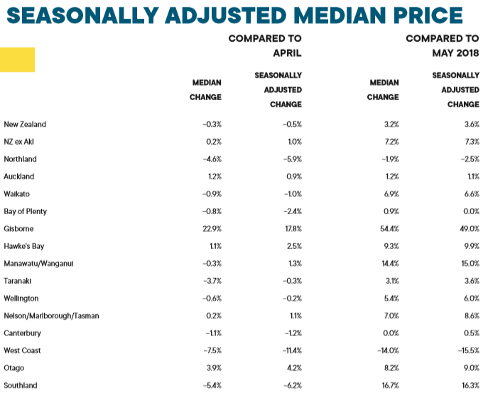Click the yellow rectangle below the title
click(18, 60)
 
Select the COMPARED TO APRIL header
click(265, 45)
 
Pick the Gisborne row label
click(18, 229)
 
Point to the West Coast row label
click(22, 350)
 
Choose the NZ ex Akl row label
click(19, 142)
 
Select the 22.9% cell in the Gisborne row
click(212, 229)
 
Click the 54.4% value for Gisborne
click(389, 229)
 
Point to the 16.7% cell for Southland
click(390, 385)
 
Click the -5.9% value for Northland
click(291, 160)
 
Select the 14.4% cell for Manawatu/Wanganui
click(390, 264)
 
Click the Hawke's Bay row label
click(23, 246)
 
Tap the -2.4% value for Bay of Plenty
click(291, 211)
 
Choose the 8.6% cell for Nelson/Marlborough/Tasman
click(471, 316)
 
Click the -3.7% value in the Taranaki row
click(212, 281)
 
